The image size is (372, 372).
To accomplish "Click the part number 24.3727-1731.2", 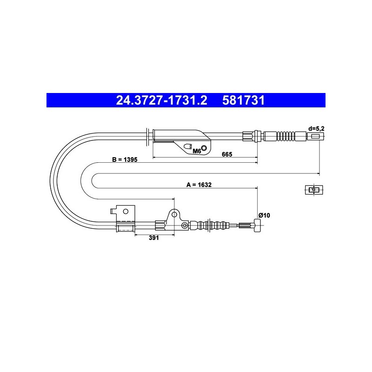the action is tap(161, 100).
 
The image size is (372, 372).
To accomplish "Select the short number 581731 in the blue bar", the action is tap(243, 100).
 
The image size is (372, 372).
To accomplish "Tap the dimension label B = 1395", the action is tap(125, 159).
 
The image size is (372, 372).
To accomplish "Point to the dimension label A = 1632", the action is tap(199, 185).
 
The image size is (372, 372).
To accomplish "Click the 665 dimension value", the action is tap(227, 154).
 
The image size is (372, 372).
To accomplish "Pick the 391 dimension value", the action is tap(154, 238).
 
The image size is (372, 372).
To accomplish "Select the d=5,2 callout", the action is tap(316, 129).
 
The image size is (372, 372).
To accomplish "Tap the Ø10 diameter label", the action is tap(264, 215).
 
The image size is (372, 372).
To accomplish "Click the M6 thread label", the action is tap(197, 151).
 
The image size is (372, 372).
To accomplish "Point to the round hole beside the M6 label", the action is tap(204, 148).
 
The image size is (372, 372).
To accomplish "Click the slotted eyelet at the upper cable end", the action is tap(315, 136).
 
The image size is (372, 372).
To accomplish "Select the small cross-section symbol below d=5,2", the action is tap(314, 190).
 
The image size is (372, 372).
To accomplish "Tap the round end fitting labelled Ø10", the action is tap(258, 226).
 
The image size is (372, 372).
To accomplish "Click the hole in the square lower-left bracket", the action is tap(126, 212).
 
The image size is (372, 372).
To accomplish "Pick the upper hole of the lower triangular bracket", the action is tap(174, 214).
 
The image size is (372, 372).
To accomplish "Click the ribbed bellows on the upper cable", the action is tap(286, 136).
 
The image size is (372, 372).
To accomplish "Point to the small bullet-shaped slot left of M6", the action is tap(188, 146).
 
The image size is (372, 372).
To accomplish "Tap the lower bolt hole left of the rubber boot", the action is tap(185, 225).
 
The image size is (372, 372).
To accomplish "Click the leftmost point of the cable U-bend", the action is tap(50, 181).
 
